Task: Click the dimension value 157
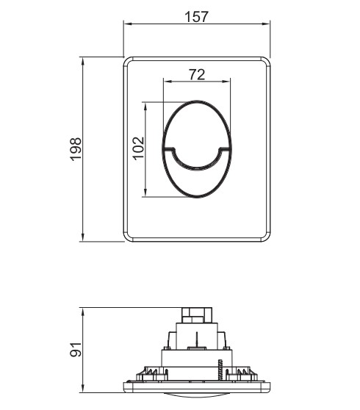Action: pos(196,17)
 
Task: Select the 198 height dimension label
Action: pos(76,148)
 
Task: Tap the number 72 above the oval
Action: pos(197,74)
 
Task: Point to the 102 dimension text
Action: pos(138,148)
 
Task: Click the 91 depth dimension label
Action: pos(76,349)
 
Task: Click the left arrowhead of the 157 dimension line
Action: pos(127,24)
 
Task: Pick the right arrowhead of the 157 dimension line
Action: pos(266,24)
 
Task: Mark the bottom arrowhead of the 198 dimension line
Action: pos(83,237)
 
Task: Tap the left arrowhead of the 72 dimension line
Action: pos(167,81)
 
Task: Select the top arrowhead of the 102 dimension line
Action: pos(145,106)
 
